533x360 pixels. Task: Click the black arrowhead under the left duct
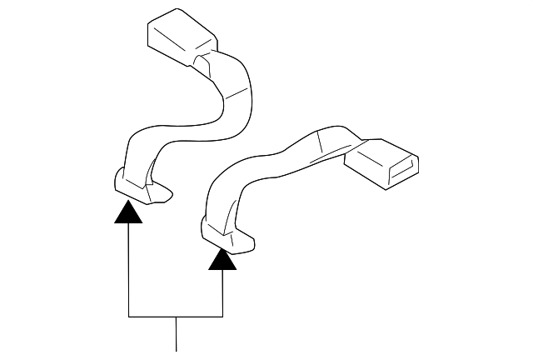tap(127, 212)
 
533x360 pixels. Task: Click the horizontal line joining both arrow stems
tap(176, 317)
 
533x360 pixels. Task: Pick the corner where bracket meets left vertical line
tap(127, 317)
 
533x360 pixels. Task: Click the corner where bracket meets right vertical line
tap(222, 317)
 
